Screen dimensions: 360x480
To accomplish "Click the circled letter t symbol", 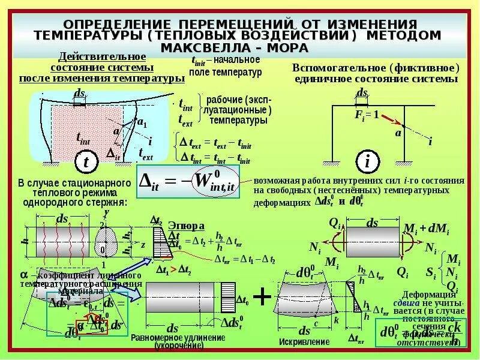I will tap(86, 162).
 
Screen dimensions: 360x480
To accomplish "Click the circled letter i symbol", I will tap(365, 161).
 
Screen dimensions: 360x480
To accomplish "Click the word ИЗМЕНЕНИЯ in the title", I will tap(373, 23).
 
